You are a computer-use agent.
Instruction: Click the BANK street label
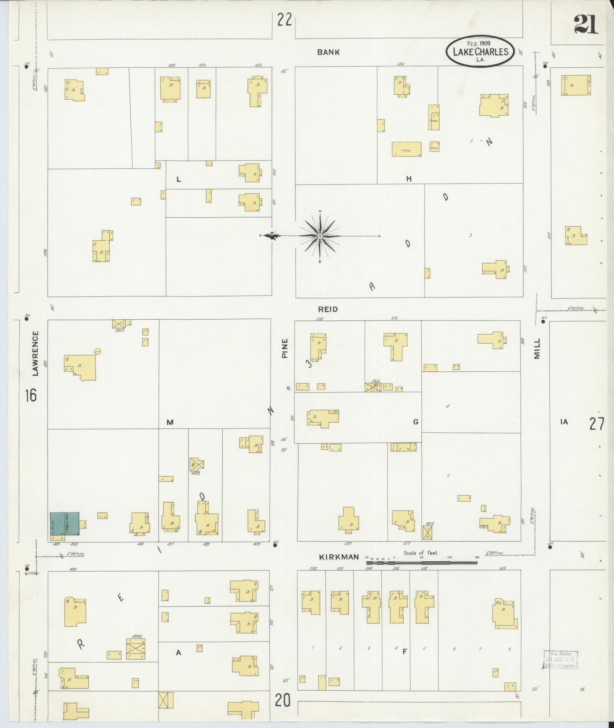pyautogui.click(x=328, y=53)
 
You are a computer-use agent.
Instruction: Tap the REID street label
pyautogui.click(x=328, y=309)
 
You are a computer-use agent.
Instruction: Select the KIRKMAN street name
pyautogui.click(x=339, y=557)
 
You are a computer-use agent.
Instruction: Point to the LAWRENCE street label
pyautogui.click(x=35, y=354)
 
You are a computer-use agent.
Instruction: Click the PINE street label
pyautogui.click(x=285, y=348)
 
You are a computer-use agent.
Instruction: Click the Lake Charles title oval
pyautogui.click(x=480, y=51)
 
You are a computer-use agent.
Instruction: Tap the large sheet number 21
pyautogui.click(x=586, y=24)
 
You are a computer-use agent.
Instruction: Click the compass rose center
pyautogui.click(x=320, y=236)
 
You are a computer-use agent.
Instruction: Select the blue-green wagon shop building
pyautogui.click(x=65, y=526)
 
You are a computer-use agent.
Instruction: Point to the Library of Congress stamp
pyautogui.click(x=560, y=660)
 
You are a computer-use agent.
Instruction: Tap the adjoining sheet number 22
pyautogui.click(x=284, y=20)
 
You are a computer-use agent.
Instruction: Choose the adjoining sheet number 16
pyautogui.click(x=31, y=395)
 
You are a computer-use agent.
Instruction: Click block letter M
pyautogui.click(x=170, y=422)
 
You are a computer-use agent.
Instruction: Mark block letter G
pyautogui.click(x=416, y=422)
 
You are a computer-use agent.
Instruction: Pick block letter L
pyautogui.click(x=179, y=180)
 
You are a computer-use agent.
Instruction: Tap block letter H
pyautogui.click(x=408, y=178)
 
